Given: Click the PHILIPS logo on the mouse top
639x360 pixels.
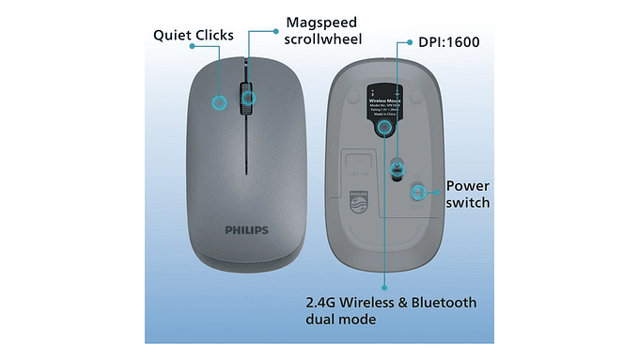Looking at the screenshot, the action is (247, 229).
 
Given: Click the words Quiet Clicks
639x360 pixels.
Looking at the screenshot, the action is (193, 36).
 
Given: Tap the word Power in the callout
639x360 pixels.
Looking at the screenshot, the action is (467, 185).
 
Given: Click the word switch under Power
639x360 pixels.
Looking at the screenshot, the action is (467, 202).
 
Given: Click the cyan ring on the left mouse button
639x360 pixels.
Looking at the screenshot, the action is (220, 101).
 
